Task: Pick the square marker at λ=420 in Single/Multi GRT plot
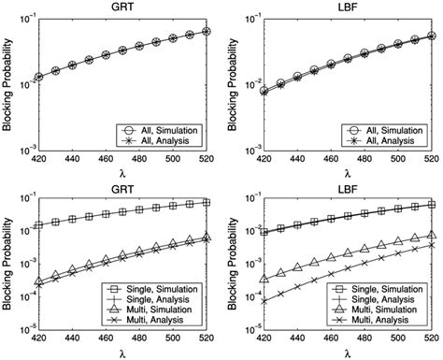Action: [x=37, y=225]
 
